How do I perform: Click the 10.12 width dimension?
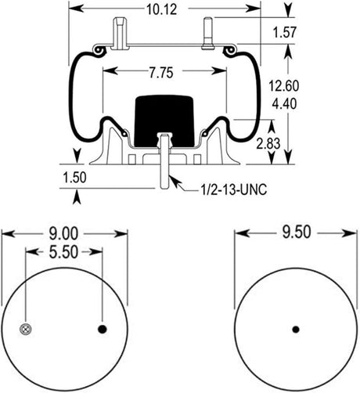(162, 9)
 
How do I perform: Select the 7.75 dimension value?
(161, 73)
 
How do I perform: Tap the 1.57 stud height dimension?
(285, 32)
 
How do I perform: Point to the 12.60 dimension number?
(284, 86)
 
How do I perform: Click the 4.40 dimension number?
(284, 103)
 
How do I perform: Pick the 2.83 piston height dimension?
(268, 144)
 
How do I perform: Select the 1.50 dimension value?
(74, 178)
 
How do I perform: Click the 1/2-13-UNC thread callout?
(234, 189)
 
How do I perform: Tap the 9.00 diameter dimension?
(64, 233)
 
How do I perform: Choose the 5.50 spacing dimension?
(64, 252)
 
